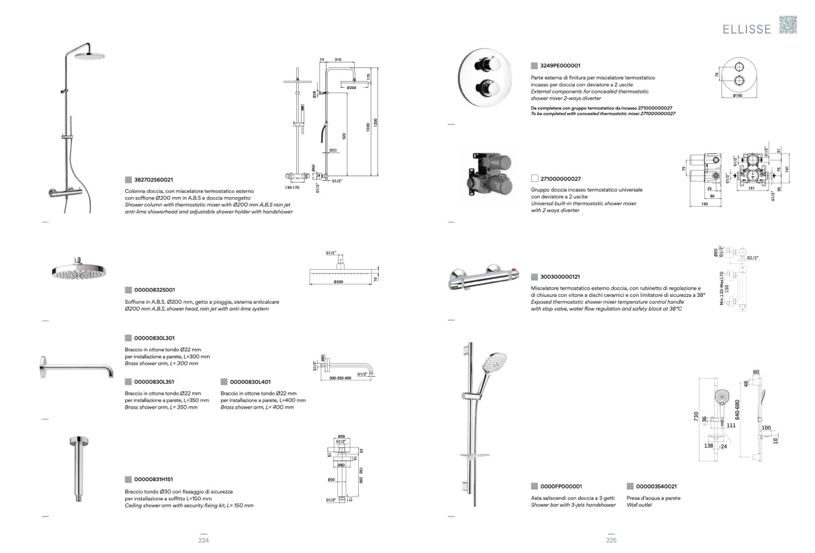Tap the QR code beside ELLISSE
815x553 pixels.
pos(787,25)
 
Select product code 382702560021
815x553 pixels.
pos(153,180)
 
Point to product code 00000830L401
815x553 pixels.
pos(250,382)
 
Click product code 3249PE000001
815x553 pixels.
pos(560,66)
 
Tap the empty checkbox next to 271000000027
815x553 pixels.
pos(534,179)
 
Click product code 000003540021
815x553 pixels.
pos(656,486)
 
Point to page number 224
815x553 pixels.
pos(204,540)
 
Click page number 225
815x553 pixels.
pos(611,540)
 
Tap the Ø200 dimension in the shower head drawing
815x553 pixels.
pos(338,282)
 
